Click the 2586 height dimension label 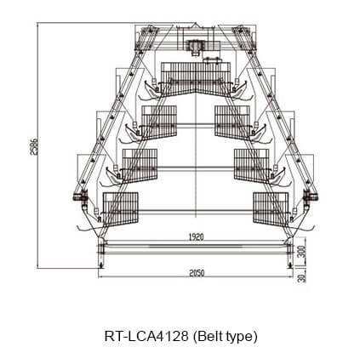[33, 146]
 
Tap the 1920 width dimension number [196, 237]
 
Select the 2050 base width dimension [197, 273]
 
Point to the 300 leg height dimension [303, 252]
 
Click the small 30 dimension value [303, 277]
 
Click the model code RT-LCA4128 [146, 337]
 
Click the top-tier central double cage [196, 79]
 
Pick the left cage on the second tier [159, 122]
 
